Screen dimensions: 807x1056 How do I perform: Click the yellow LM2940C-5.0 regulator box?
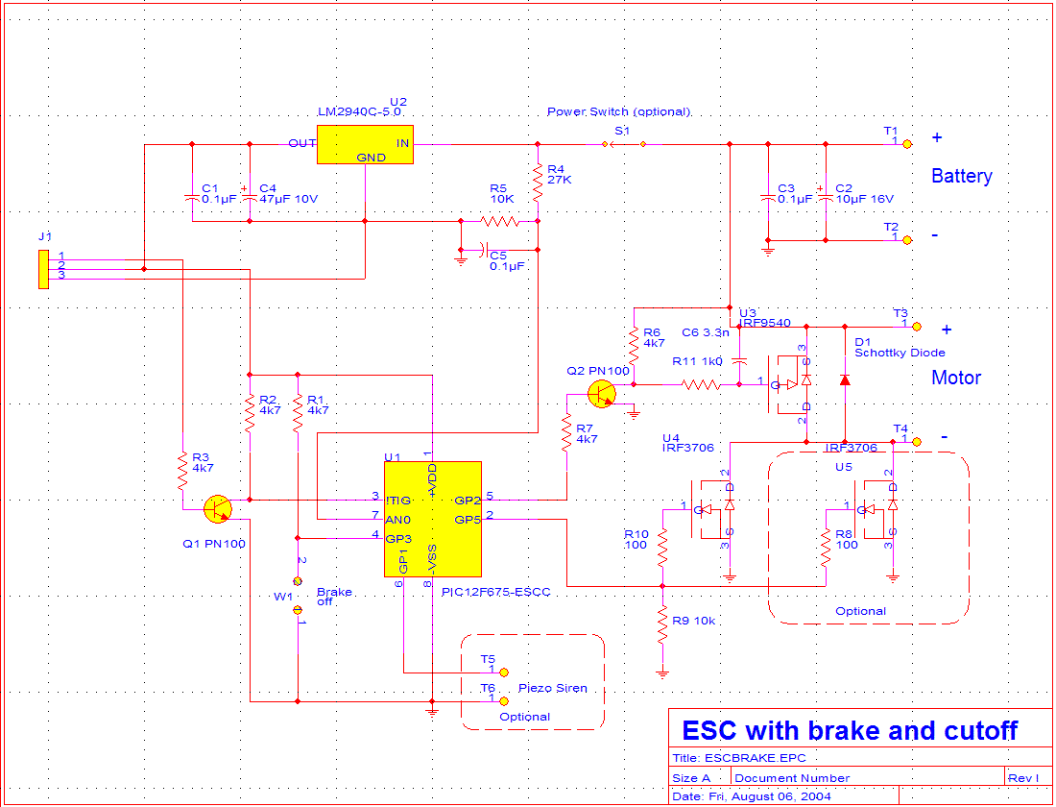[x=365, y=144]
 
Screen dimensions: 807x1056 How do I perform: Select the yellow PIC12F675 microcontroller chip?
[x=432, y=519]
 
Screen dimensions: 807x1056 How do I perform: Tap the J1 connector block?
[x=43, y=269]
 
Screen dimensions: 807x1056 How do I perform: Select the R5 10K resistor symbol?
[x=499, y=221]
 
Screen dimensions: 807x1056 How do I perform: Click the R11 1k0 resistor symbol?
[x=701, y=384]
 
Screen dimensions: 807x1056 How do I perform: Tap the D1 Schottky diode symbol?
[x=844, y=379]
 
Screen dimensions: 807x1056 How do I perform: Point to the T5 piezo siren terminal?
[x=505, y=672]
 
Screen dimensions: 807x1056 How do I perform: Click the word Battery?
[x=961, y=177]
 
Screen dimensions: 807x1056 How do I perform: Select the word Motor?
[x=956, y=378]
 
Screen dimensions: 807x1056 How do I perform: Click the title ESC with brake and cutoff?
[x=849, y=730]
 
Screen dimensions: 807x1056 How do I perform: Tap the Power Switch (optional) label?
[x=619, y=111]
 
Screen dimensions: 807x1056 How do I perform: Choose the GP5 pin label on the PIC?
[x=468, y=520]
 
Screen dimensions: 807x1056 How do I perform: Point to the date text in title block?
[x=753, y=796]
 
